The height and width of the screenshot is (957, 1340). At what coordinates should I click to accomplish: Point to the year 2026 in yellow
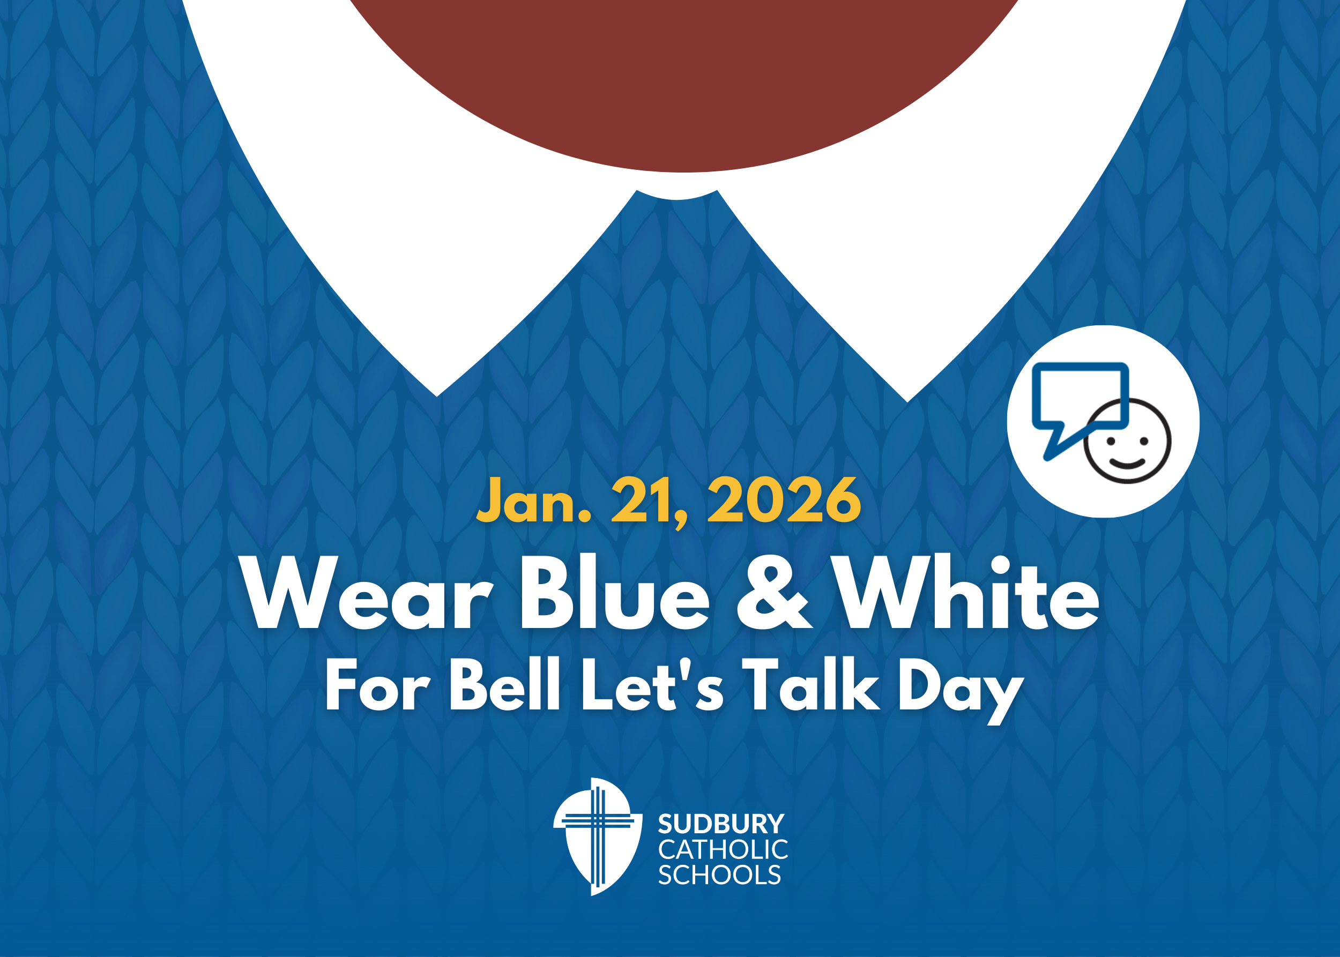point(784,501)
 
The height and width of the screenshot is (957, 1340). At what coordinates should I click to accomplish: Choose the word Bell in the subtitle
point(504,685)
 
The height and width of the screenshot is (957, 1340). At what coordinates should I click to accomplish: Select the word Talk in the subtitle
point(810,685)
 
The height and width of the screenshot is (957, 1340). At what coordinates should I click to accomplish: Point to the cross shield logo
point(597,837)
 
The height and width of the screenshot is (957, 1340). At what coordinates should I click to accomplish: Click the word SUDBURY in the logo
point(720,824)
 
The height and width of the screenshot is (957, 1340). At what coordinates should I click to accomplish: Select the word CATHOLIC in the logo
point(723,850)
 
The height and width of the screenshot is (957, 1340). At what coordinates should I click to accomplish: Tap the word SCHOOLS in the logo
point(719,875)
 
